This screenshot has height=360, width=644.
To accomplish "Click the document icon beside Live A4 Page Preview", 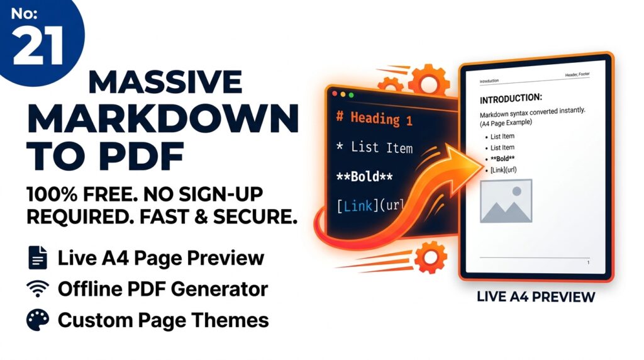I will pyautogui.click(x=38, y=257).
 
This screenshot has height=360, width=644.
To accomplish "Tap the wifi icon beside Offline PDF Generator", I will pyautogui.click(x=38, y=289).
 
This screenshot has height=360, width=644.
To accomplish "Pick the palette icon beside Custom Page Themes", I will pyautogui.click(x=38, y=320).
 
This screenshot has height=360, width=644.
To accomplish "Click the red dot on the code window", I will pyautogui.click(x=334, y=94).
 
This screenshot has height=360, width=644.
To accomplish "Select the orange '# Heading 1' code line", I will pyautogui.click(x=374, y=118).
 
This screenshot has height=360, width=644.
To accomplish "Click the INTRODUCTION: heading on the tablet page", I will pyautogui.click(x=511, y=99).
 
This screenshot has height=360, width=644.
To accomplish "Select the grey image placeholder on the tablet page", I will pyautogui.click(x=506, y=201).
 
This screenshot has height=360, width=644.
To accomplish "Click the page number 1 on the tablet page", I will pyautogui.click(x=588, y=262).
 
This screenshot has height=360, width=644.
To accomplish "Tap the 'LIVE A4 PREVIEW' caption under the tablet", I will pyautogui.click(x=536, y=296).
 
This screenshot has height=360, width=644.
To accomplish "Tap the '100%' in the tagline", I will pyautogui.click(x=51, y=193).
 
